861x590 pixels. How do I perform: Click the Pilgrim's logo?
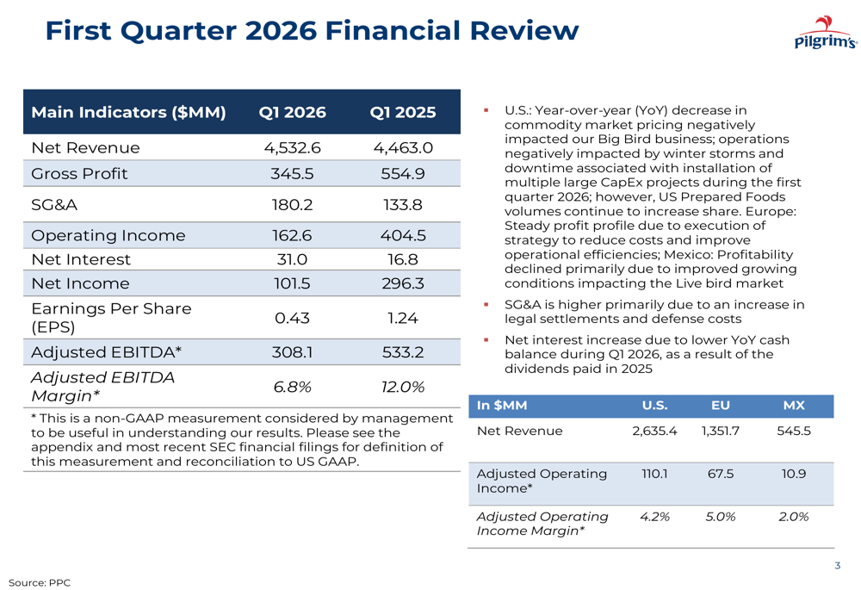click(825, 34)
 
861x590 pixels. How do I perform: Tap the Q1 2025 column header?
click(403, 113)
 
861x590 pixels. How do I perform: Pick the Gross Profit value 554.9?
click(403, 173)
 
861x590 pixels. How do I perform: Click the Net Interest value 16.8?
click(403, 259)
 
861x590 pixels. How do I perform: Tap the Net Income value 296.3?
click(403, 283)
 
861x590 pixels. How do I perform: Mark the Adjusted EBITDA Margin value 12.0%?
click(403, 387)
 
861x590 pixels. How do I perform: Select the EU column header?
click(721, 406)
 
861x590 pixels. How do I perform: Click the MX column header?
click(794, 406)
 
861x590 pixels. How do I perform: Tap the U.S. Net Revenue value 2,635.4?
click(654, 431)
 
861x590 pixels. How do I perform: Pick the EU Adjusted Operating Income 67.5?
click(721, 474)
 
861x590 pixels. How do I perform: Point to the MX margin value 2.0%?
click(794, 516)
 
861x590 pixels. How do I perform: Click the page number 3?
click(837, 566)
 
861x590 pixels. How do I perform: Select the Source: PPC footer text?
click(40, 583)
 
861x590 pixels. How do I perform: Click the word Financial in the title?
click(392, 31)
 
